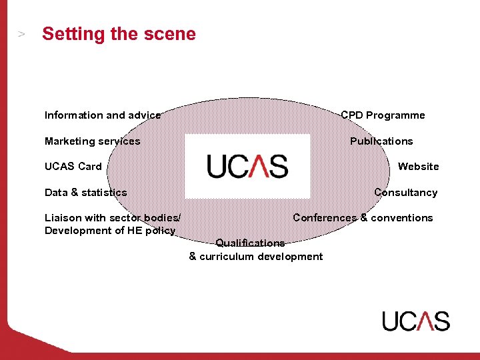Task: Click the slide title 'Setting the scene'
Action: click(x=119, y=34)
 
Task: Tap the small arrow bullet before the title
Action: click(x=22, y=34)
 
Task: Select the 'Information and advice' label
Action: click(x=103, y=115)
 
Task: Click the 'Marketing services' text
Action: click(x=93, y=141)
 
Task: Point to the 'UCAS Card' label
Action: click(x=73, y=167)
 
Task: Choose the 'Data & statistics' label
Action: click(x=86, y=193)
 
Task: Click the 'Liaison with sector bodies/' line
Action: click(x=112, y=218)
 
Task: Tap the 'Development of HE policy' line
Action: click(x=110, y=231)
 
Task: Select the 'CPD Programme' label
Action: click(x=383, y=115)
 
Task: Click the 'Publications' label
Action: click(x=381, y=141)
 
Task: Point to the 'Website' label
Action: click(x=418, y=167)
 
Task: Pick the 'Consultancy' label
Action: click(x=405, y=193)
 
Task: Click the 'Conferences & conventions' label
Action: click(x=363, y=218)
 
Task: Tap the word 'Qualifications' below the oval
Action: click(x=250, y=243)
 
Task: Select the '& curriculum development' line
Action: click(x=256, y=257)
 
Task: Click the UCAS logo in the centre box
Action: click(x=247, y=166)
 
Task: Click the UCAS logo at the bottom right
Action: click(x=416, y=321)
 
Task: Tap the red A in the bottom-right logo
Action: click(x=424, y=321)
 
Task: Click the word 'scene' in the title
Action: click(x=173, y=34)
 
